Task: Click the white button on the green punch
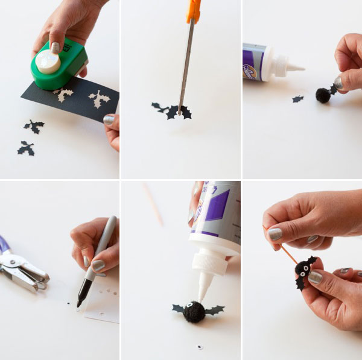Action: pos(48,62)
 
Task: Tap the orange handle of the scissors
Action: pos(193,11)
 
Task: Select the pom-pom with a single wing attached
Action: pos(323,95)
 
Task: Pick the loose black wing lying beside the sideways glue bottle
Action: pos(297,99)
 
